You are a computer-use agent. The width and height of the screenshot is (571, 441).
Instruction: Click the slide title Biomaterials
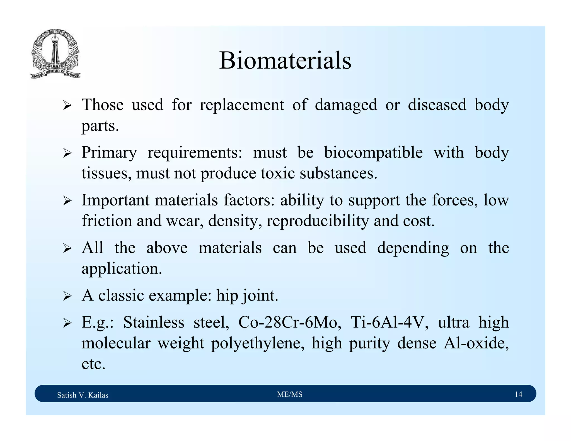click(x=285, y=60)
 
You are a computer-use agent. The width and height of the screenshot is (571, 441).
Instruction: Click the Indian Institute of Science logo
click(x=55, y=54)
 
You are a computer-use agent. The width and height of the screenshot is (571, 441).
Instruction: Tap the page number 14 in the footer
click(x=518, y=394)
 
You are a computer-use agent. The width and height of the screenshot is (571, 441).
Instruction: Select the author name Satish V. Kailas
click(x=83, y=395)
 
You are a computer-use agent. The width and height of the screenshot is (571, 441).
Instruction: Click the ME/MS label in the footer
click(x=290, y=394)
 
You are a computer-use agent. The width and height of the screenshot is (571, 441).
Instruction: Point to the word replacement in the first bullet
click(x=242, y=105)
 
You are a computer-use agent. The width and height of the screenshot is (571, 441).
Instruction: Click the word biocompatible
click(x=373, y=153)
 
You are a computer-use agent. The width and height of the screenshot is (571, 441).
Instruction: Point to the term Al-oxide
click(x=476, y=343)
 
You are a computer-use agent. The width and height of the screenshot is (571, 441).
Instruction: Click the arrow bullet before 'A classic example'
click(x=67, y=296)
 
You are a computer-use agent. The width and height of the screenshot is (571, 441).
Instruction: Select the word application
click(x=122, y=269)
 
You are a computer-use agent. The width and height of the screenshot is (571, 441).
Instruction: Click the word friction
click(x=107, y=221)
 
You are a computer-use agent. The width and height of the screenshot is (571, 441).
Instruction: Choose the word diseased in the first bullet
click(x=437, y=105)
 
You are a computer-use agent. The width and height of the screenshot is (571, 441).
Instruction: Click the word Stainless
click(x=154, y=323)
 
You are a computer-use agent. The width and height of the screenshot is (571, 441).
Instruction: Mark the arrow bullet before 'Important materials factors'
click(x=67, y=201)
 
